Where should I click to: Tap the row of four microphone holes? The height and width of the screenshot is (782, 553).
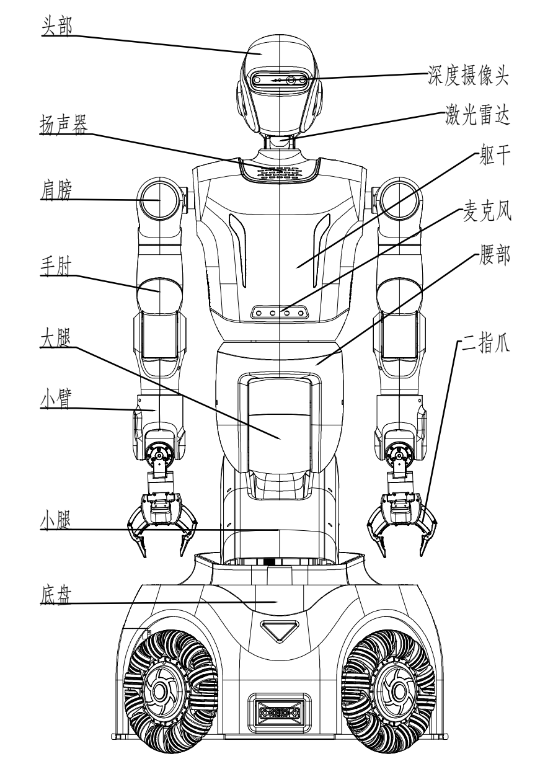point(280,313)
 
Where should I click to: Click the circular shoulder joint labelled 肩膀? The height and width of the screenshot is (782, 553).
point(160,200)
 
